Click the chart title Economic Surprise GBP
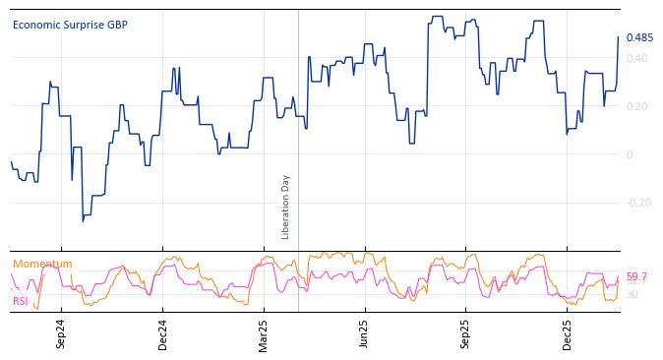point(70,26)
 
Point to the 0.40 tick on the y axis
point(636,59)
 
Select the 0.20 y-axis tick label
point(636,107)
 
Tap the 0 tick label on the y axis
point(630,155)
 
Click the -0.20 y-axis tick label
point(637,204)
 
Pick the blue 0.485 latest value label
point(639,38)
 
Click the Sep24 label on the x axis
point(61,333)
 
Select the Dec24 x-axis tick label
point(163,333)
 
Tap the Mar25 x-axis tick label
point(264,333)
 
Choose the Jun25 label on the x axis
point(365,333)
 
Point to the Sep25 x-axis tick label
point(466,333)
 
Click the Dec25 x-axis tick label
point(568,333)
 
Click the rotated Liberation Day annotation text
point(286,207)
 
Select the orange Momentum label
point(42,265)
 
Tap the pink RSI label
point(21,302)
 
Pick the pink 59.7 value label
point(637,276)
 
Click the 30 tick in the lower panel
point(633,295)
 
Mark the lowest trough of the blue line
point(83,220)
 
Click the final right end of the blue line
point(619,37)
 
